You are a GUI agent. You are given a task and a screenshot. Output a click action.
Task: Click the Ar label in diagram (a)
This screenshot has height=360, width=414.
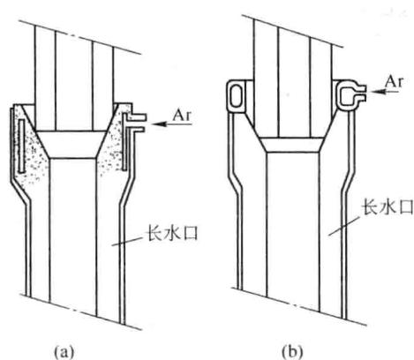click(182, 116)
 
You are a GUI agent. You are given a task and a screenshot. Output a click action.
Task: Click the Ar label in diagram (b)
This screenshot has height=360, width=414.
click(394, 81)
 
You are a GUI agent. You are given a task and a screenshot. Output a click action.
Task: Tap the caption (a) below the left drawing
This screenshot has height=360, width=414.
click(64, 352)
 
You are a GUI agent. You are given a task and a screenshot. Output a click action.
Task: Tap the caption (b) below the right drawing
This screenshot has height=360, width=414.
click(292, 351)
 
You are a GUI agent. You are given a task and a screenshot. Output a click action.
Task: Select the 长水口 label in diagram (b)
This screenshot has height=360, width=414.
click(388, 206)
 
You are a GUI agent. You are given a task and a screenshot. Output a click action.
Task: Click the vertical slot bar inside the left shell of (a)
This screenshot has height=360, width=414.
click(20, 146)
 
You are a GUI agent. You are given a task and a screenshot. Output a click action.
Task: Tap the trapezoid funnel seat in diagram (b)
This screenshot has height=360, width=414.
click(292, 145)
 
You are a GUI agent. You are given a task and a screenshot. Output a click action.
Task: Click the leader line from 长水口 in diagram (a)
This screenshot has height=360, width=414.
click(127, 241)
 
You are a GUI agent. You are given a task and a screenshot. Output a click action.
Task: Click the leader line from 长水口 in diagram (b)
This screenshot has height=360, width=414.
click(344, 226)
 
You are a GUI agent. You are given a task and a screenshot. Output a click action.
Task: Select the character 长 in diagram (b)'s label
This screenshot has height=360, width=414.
click(370, 206)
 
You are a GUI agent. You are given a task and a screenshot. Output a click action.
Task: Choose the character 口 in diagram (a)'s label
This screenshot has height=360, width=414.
click(190, 234)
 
